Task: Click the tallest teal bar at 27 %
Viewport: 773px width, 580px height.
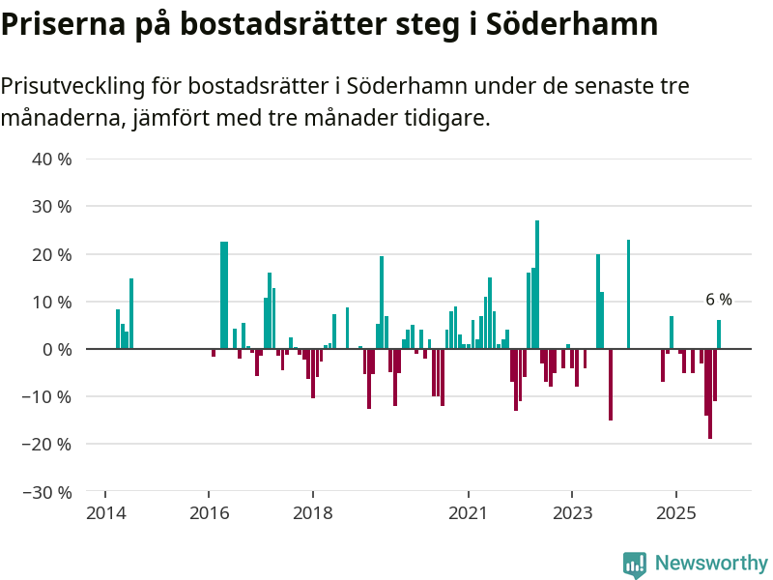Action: tap(537, 285)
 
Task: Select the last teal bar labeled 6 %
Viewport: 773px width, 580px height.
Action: tap(719, 334)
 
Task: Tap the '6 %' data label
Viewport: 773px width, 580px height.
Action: tap(719, 300)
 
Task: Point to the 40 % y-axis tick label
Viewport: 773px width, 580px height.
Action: tap(53, 159)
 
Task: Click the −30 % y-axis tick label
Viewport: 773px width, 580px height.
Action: tap(49, 492)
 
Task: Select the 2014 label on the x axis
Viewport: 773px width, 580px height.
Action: tap(105, 512)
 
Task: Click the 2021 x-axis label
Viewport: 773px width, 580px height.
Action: tap(469, 512)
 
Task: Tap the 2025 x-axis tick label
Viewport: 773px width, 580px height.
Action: tap(676, 512)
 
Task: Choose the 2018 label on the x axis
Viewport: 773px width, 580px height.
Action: tap(313, 512)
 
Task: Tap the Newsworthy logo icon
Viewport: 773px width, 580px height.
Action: tap(635, 565)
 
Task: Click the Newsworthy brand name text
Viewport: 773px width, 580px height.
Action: tap(711, 564)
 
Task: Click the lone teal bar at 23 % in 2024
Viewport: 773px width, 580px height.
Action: tap(628, 294)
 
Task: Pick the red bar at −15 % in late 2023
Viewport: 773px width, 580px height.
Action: tap(611, 385)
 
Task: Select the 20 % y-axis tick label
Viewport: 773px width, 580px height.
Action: tap(53, 254)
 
